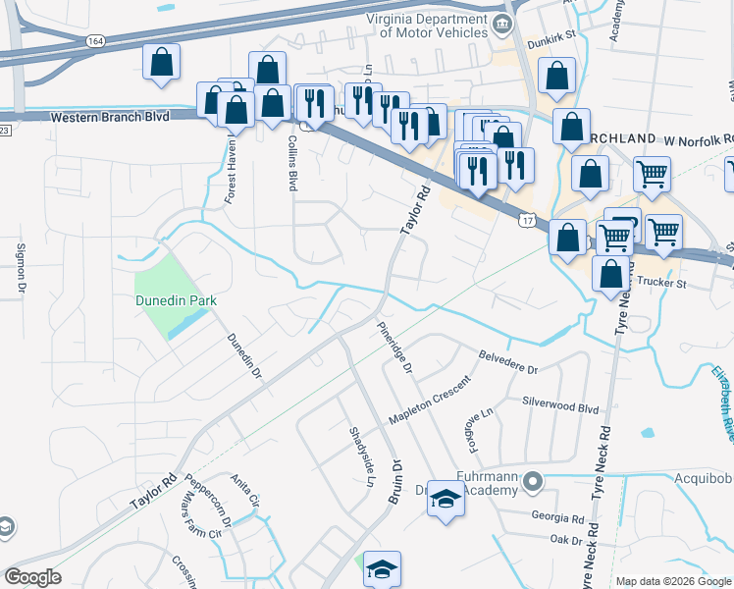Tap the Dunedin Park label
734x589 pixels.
click(x=177, y=300)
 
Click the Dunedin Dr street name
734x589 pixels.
click(x=245, y=355)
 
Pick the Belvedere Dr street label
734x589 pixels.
click(x=508, y=362)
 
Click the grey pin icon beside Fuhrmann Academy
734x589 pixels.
click(x=533, y=481)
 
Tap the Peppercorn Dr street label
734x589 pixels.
click(x=207, y=505)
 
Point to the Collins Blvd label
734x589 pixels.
click(x=292, y=163)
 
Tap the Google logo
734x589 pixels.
click(x=32, y=577)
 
